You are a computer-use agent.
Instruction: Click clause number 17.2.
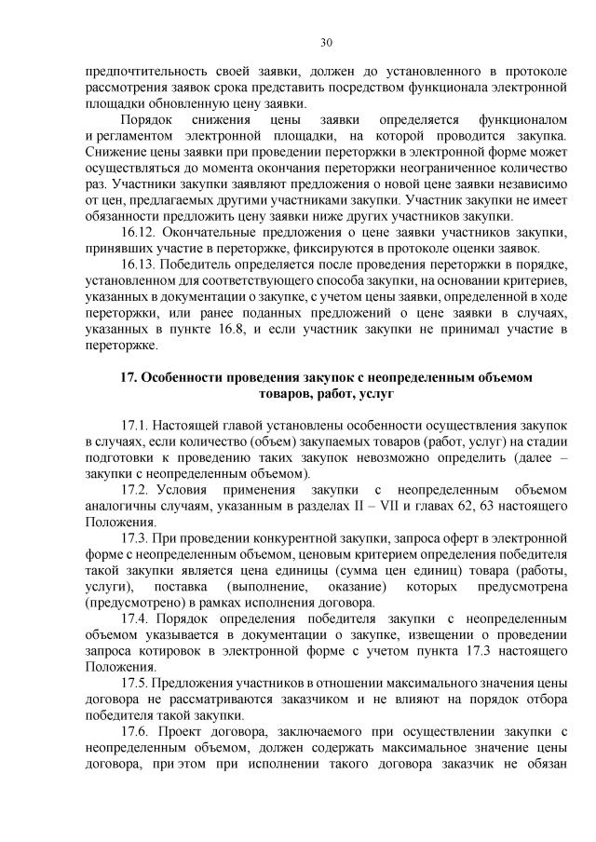tap(135, 489)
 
